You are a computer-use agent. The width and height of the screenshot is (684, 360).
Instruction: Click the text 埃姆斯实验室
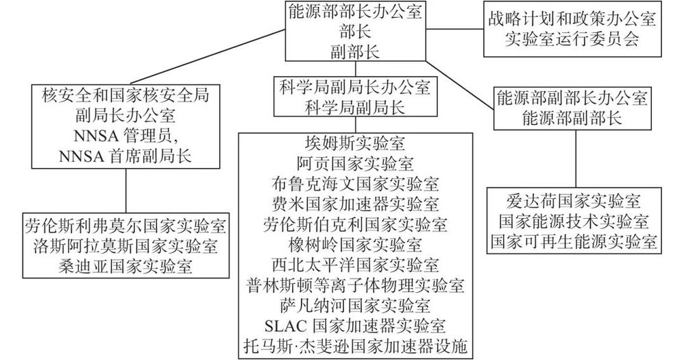[x=355, y=143]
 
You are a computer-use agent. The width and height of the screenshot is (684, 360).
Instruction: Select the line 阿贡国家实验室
[x=355, y=164]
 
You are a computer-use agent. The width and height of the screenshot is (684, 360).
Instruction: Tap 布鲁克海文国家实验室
[x=355, y=184]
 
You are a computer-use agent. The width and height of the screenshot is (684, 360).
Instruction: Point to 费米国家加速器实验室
[x=355, y=204]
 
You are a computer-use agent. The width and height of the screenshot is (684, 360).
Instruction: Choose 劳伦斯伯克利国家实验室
[x=355, y=224]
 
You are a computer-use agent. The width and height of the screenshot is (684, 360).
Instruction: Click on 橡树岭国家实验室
[x=355, y=244]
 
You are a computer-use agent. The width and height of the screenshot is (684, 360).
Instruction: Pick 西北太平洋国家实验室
[x=355, y=265]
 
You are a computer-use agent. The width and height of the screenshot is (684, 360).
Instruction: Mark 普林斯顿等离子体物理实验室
[x=355, y=285]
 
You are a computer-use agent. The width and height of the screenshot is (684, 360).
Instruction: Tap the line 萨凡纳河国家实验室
[x=355, y=305]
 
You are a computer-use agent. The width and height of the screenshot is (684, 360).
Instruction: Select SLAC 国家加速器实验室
[x=355, y=326]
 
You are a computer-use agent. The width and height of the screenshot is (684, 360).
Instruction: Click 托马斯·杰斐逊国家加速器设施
[x=355, y=346]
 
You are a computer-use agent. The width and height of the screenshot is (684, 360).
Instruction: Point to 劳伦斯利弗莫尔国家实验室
[x=125, y=226]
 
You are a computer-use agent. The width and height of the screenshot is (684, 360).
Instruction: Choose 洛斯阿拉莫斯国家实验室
[x=125, y=246]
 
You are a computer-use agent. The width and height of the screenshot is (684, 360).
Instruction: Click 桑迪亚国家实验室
[x=125, y=267]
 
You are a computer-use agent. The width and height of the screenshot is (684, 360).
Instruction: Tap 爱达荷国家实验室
[x=574, y=202]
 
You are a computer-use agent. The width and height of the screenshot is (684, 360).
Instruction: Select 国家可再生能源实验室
[x=574, y=242]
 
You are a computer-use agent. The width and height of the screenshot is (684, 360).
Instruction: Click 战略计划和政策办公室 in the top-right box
[x=572, y=19]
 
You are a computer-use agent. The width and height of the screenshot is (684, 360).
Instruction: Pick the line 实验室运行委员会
[x=572, y=39]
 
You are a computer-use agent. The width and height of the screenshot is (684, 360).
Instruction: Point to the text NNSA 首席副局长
[x=125, y=156]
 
